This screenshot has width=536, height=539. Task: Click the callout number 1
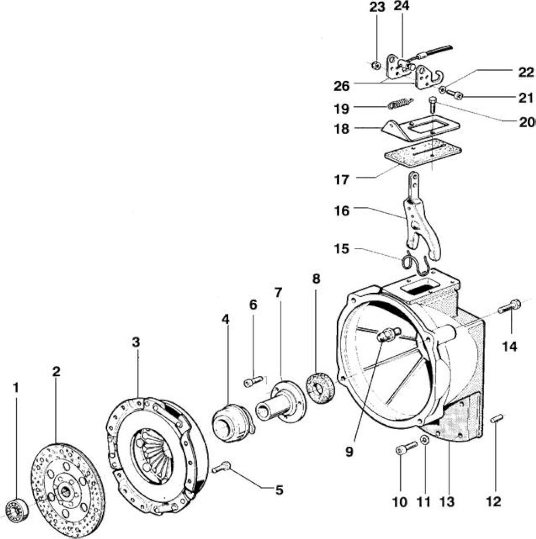click(x=15, y=388)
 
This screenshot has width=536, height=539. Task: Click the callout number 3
click(x=136, y=342)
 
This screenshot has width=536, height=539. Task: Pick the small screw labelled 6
click(x=253, y=381)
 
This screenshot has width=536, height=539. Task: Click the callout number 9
click(x=349, y=452)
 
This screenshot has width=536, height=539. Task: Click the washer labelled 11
click(x=425, y=440)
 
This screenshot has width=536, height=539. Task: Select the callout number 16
click(x=342, y=211)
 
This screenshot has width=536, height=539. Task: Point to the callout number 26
click(x=342, y=86)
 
